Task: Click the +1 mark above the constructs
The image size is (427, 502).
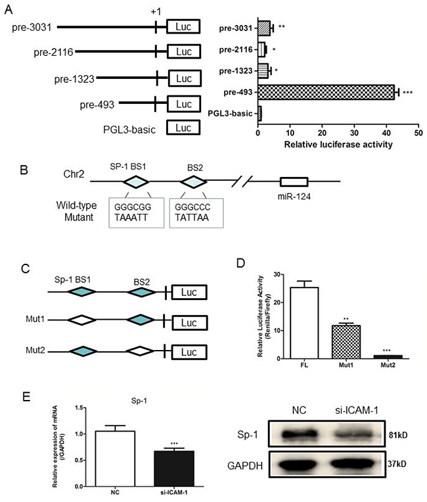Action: coord(156,10)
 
